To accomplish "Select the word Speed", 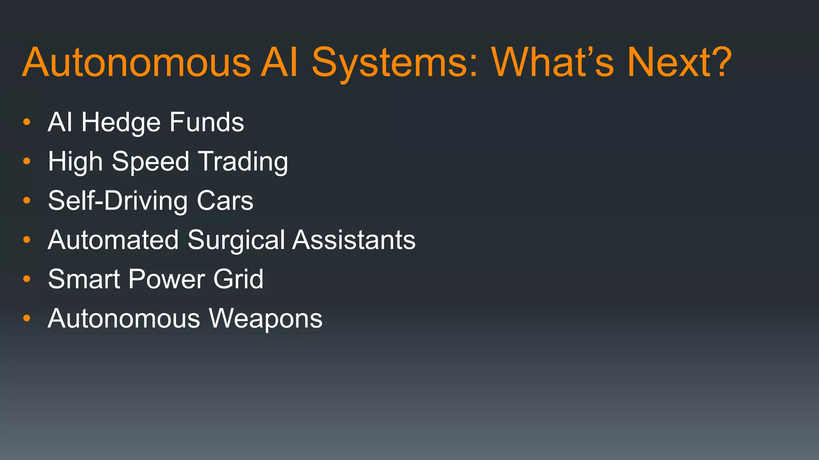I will point(150,162).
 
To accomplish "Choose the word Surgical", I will point(236,240).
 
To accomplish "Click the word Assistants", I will point(354,240).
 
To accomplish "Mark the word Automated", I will point(113,240).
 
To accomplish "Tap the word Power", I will point(166,279).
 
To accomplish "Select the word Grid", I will point(238,279).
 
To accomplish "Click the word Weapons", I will point(266,319).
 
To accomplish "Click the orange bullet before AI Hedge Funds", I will point(27,122).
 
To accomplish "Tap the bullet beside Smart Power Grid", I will point(27,279).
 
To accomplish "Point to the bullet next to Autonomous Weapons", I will point(27,319).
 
